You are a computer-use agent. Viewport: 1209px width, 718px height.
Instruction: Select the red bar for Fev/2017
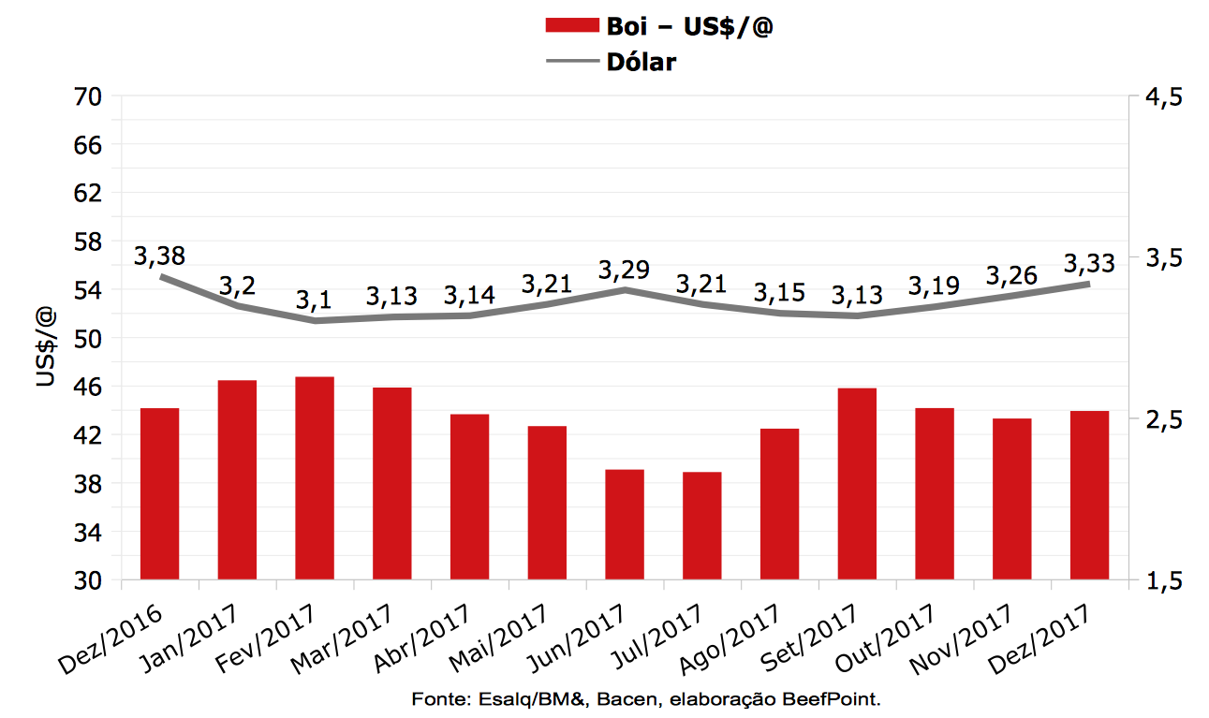[x=315, y=478]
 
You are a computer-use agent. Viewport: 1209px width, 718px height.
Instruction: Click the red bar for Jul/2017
[x=702, y=526]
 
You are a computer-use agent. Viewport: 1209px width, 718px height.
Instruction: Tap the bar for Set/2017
[x=858, y=484]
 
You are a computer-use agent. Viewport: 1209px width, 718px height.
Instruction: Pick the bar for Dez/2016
[x=159, y=494]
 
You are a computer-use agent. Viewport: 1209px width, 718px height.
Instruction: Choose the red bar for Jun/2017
[x=625, y=524]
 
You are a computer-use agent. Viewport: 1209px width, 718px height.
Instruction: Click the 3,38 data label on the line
[x=159, y=256]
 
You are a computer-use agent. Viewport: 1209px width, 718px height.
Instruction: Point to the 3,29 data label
[x=625, y=271]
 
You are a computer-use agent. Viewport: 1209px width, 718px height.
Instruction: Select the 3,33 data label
[x=1089, y=263]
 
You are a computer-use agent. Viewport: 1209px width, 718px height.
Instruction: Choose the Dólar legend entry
[x=641, y=62]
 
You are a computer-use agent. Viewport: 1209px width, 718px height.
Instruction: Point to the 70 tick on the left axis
[x=92, y=97]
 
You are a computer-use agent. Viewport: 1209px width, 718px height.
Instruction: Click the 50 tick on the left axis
[x=92, y=338]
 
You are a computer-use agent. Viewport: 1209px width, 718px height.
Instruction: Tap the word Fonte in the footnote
[x=431, y=699]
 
